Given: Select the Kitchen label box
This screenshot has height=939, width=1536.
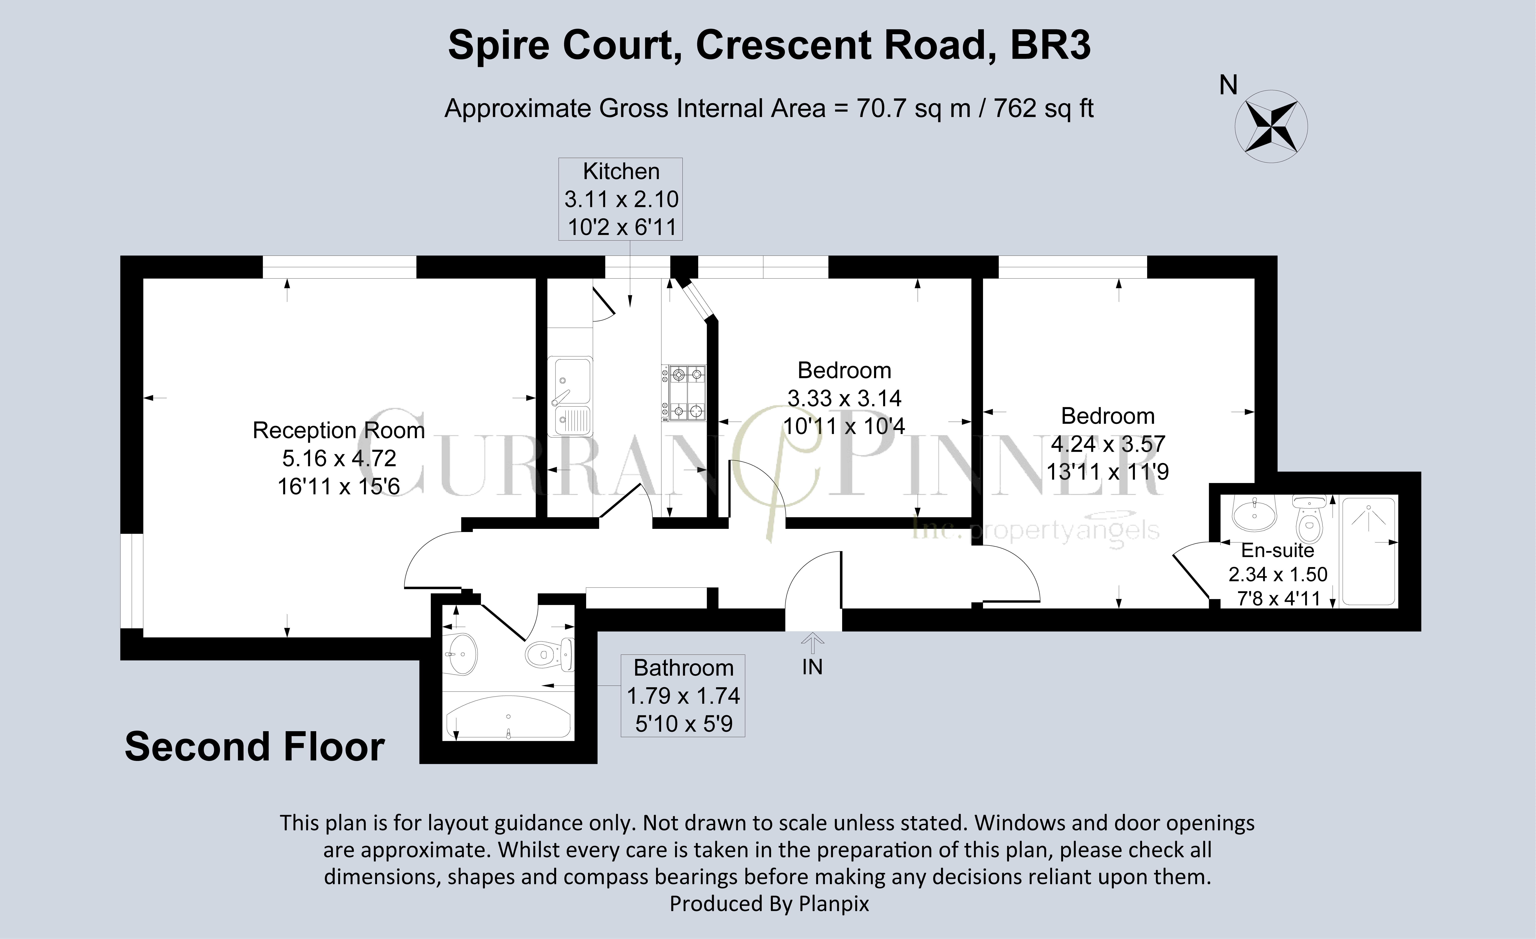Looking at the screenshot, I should point(620,199).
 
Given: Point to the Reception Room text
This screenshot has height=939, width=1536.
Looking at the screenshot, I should point(339,430).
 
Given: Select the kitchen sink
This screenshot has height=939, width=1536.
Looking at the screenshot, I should point(570,397).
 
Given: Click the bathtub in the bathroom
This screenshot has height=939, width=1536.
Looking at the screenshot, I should point(509,717).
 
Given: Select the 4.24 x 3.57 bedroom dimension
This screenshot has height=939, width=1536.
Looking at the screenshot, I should point(1108,444).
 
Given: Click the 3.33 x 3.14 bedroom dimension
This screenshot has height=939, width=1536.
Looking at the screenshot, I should point(844,398).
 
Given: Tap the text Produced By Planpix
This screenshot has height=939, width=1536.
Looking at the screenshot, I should point(769,904).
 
